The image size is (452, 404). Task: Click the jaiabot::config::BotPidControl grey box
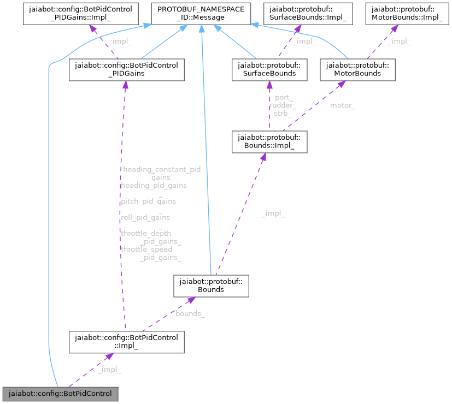60,394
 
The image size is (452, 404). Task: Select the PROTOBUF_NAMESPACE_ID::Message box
202,14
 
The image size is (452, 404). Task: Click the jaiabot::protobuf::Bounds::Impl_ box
269,141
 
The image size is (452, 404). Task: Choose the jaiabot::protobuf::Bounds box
211,286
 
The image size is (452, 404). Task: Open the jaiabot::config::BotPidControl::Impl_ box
126,341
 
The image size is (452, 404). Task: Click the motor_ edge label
342,105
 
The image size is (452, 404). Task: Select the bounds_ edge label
190,313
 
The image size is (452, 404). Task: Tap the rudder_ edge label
283,105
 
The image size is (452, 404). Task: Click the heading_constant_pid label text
162,169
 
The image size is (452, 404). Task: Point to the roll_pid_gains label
145,217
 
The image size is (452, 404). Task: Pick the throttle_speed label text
146,249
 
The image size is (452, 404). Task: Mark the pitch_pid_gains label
148,201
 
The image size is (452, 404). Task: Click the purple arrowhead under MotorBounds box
341,85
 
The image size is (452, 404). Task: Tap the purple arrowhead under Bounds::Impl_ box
263,157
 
